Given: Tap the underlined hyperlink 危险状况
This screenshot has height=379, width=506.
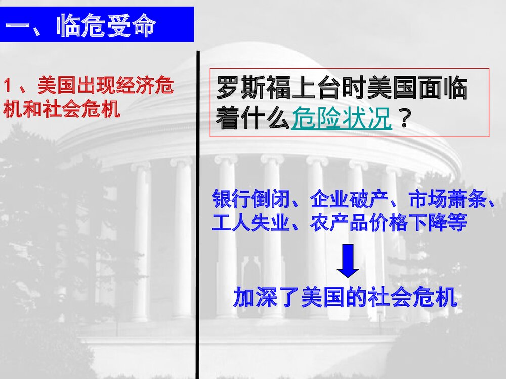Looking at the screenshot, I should coord(342,119).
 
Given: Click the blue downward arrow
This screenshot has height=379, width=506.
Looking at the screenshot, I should coord(348,261).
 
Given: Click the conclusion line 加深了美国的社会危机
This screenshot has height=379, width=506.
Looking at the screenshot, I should coord(346,298).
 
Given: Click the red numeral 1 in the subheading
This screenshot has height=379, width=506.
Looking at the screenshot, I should coord(8,86).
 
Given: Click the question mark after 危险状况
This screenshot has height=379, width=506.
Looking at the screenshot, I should coord(404,119).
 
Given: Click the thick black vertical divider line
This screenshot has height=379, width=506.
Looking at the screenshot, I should coord(197,212).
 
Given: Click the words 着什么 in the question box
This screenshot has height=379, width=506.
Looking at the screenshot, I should coord(253,119).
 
